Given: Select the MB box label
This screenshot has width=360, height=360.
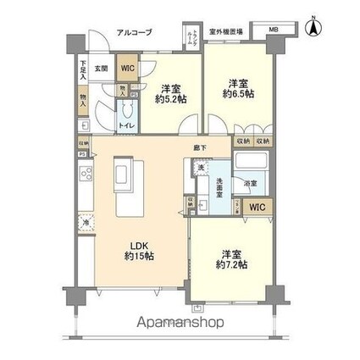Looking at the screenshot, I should pyautogui.click(x=273, y=32).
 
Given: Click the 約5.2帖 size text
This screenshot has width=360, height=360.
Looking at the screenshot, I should pyautogui.click(x=170, y=98).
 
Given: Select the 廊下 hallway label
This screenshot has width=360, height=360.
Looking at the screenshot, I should pyautogui.click(x=197, y=147).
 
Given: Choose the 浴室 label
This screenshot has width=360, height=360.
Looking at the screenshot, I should pyautogui.click(x=250, y=183).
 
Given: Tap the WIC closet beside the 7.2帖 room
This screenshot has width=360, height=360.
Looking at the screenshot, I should pyautogui.click(x=256, y=206).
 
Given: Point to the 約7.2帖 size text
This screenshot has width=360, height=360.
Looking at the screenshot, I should pyautogui.click(x=230, y=265).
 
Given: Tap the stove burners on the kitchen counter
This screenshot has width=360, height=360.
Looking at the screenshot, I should pyautogui.click(x=85, y=175).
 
